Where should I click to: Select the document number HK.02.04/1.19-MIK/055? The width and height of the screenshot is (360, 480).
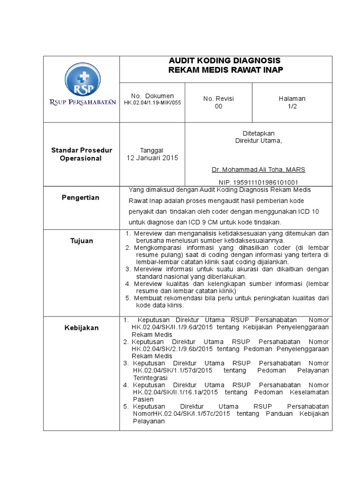click(x=152, y=102)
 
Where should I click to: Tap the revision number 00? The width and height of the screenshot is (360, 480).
click(x=218, y=106)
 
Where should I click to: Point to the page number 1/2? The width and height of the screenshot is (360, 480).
click(x=292, y=106)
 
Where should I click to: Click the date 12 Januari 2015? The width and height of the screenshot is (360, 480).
click(x=152, y=158)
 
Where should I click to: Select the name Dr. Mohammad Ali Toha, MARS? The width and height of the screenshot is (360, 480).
click(x=258, y=169)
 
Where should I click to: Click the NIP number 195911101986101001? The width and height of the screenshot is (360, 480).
click(x=258, y=182)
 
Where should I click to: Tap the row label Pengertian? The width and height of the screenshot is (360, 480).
click(x=81, y=197)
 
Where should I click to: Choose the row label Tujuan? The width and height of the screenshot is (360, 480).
click(x=82, y=240)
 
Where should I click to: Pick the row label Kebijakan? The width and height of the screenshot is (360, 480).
click(x=82, y=328)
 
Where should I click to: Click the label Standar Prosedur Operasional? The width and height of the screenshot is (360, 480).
click(x=82, y=154)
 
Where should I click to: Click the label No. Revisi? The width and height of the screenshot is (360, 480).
click(x=218, y=98)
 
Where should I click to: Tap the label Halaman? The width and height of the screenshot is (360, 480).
click(x=292, y=98)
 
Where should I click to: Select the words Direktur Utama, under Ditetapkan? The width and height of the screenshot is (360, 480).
click(x=258, y=141)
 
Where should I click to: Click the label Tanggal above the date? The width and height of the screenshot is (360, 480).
click(x=151, y=150)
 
